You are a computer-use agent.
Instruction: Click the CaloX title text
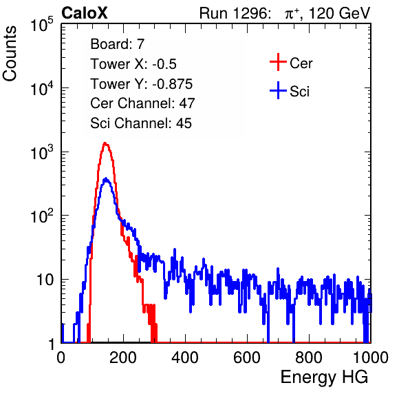[x=85, y=13]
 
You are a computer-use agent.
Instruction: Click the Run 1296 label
[x=235, y=13]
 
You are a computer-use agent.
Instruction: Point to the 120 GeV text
[x=339, y=13]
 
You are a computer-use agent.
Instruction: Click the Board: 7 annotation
[x=118, y=44]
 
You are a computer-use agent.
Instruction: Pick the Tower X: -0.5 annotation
[x=133, y=64]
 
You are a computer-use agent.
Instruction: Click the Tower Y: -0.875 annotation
[x=142, y=84]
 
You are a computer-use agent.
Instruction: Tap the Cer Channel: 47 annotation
[x=142, y=103]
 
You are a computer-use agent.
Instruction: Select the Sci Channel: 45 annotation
[x=141, y=123]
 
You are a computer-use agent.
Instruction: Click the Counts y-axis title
[x=10, y=54]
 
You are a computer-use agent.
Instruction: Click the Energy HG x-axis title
[x=324, y=377]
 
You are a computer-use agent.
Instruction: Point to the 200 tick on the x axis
[x=123, y=357]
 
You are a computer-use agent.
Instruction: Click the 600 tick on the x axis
[x=247, y=357]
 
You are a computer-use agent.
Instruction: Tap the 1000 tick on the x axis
[x=371, y=357]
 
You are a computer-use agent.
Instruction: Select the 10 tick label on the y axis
[x=45, y=280]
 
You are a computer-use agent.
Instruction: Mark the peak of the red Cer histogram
[x=105, y=143]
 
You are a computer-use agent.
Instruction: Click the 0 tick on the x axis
[x=61, y=357]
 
